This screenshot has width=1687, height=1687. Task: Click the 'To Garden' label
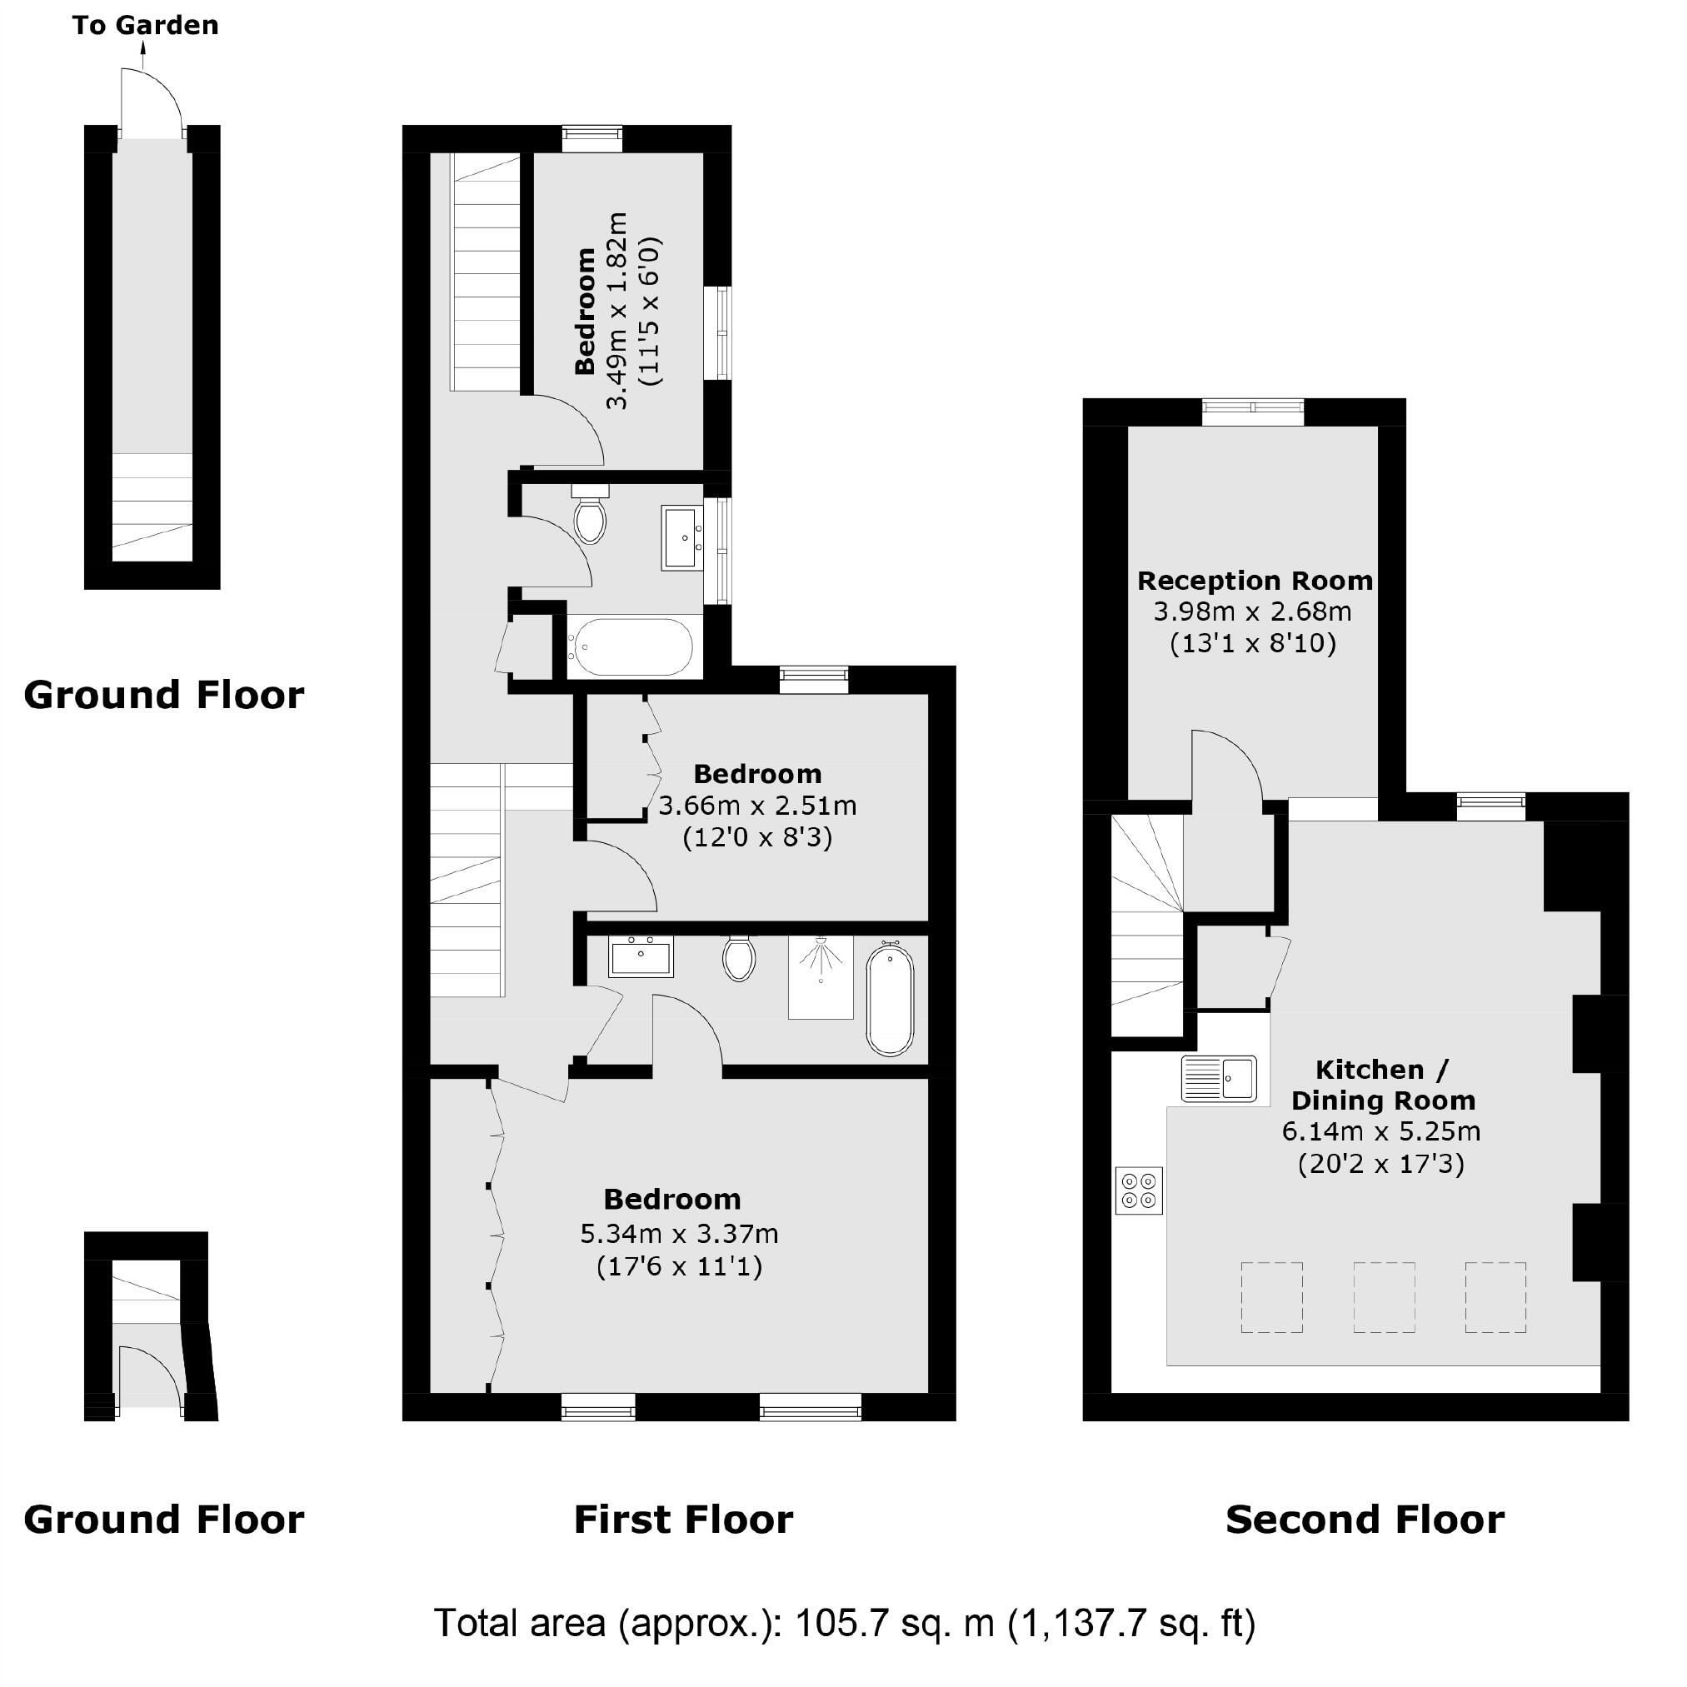[x=145, y=25]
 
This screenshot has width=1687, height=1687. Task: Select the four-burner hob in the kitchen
[x=1139, y=1190]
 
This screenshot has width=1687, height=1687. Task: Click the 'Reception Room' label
[x=1254, y=581]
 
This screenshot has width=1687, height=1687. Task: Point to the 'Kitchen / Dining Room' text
[x=1382, y=1085]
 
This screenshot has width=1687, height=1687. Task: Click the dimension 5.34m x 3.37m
[x=678, y=1234]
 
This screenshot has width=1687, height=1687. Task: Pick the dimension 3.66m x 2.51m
[x=757, y=805]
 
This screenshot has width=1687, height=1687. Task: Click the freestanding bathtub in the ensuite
[x=890, y=1001]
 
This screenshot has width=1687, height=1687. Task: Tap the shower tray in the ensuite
[x=820, y=977]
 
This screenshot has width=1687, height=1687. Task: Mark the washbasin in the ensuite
[x=641, y=956]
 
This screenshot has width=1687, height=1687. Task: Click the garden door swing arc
[x=152, y=102]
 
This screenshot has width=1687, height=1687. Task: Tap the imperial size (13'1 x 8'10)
[x=1253, y=643]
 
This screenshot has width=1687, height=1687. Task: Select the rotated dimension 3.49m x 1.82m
[x=617, y=310]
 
